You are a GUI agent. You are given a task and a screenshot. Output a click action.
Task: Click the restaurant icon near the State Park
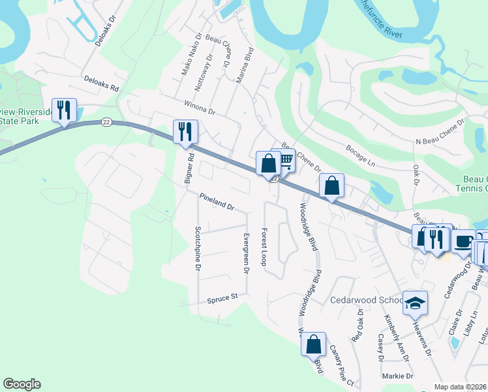[x=64, y=110]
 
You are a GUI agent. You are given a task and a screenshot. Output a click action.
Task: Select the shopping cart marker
[x=286, y=159]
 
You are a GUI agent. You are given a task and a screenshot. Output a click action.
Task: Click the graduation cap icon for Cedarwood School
[x=415, y=302]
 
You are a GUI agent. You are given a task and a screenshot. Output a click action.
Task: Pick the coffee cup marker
[x=463, y=240]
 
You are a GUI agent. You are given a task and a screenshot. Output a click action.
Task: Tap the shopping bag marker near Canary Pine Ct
[x=313, y=343]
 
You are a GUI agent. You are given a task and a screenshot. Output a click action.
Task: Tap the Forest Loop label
[x=264, y=246]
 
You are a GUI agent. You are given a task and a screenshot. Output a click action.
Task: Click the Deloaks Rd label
[x=101, y=83]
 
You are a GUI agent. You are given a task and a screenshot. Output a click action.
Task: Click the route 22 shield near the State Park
[x=106, y=122]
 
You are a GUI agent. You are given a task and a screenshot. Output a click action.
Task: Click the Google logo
[x=22, y=384]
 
